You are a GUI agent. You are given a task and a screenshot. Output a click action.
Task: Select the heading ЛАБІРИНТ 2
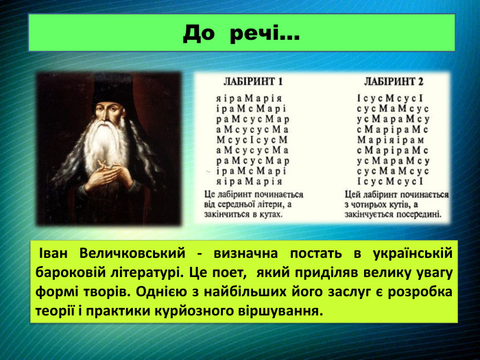394,80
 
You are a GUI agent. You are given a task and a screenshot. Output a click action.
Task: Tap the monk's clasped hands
110,176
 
